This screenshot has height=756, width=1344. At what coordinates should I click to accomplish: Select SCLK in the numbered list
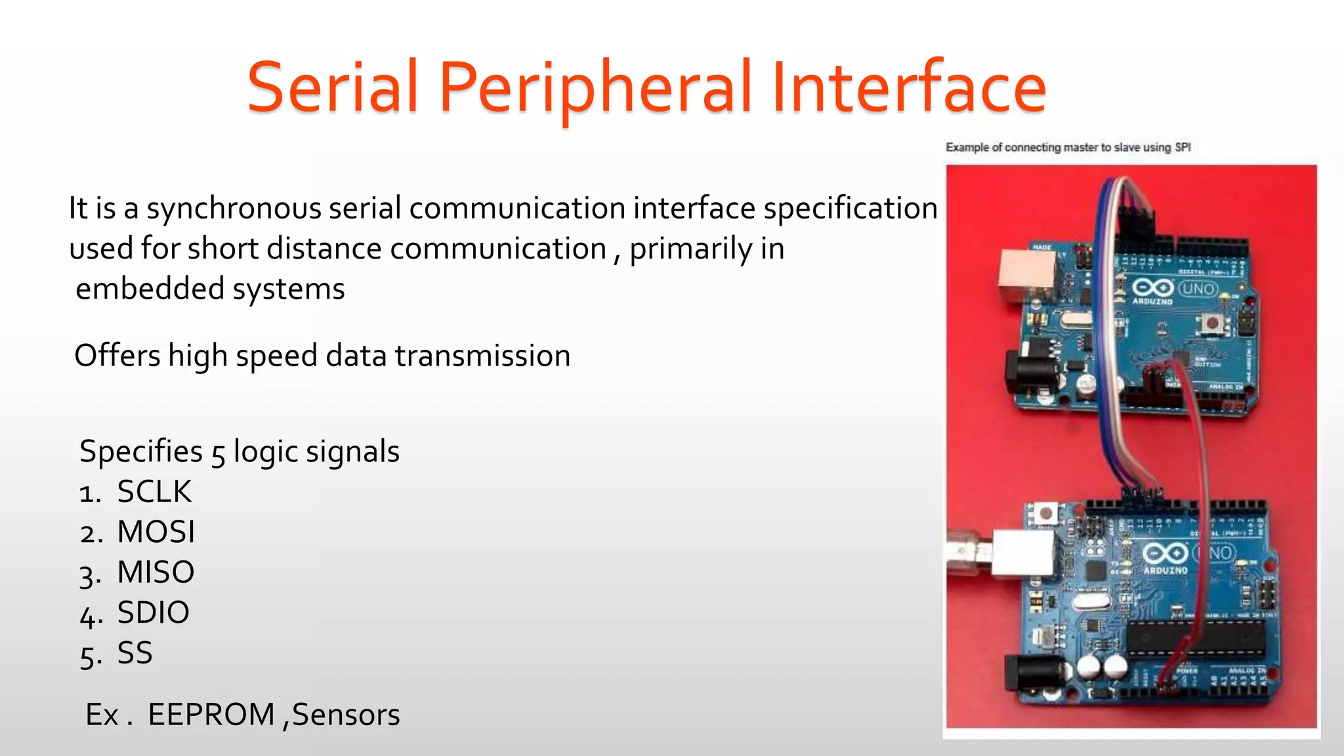[154, 492]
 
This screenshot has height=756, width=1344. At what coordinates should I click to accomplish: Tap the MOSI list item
[156, 532]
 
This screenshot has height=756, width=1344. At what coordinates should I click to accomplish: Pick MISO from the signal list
[156, 572]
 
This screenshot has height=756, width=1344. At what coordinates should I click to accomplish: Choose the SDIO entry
[153, 613]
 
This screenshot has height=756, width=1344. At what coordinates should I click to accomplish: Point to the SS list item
[135, 653]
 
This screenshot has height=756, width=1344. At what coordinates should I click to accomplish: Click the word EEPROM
[211, 715]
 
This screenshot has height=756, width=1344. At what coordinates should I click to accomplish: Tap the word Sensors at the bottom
[346, 715]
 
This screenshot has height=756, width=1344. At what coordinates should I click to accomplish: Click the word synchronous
[234, 209]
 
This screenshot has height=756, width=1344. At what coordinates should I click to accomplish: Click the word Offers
[117, 356]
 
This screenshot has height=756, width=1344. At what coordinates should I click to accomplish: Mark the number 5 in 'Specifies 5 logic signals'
[218, 453]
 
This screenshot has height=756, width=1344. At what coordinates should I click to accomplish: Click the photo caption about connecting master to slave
[1068, 148]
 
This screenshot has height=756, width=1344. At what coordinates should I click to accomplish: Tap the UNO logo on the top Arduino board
[1198, 289]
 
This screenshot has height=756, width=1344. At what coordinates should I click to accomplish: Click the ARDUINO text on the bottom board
[1165, 570]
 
